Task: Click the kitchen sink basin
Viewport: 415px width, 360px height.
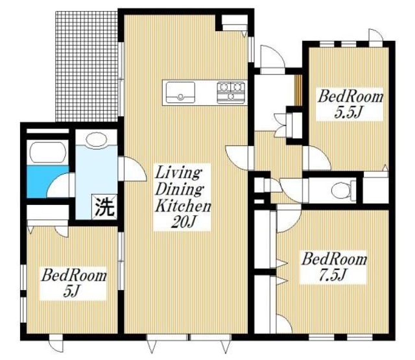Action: (180, 92)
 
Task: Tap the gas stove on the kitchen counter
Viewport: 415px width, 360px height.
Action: (231, 92)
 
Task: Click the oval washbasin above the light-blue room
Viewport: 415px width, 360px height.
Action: (97, 139)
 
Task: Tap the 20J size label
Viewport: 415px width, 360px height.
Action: (183, 222)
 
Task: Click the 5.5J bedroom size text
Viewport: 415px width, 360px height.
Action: (348, 112)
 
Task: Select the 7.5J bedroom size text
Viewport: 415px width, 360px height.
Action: (333, 275)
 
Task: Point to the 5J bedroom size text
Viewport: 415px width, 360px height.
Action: (72, 291)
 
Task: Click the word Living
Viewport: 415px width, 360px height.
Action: (178, 173)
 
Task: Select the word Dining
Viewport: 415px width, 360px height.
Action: (180, 189)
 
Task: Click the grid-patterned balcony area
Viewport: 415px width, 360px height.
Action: (86, 66)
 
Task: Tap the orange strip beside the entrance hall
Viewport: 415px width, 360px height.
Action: (299, 90)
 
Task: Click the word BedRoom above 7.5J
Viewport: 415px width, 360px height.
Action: (335, 259)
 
